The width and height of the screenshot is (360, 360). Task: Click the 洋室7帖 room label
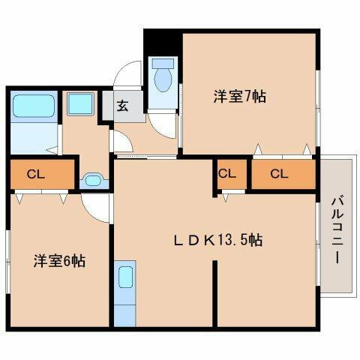[x=239, y=96]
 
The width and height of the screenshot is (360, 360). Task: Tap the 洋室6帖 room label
[x=58, y=261]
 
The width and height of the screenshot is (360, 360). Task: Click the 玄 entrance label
[x=122, y=105]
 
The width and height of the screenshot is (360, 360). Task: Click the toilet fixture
[x=162, y=76]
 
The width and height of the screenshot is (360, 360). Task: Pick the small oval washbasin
[x=94, y=180]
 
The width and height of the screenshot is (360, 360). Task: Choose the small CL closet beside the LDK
[x=228, y=173]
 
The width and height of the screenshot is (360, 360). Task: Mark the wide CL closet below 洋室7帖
[x=279, y=174]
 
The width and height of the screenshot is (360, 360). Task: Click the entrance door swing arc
[x=126, y=76]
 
